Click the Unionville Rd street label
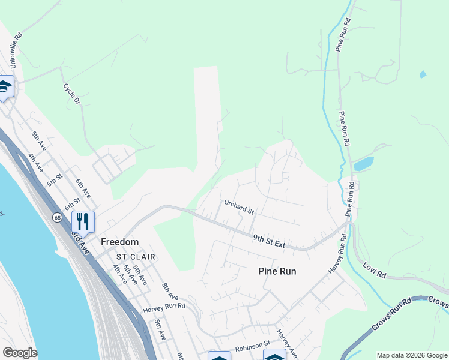pyautogui.click(x=16, y=45)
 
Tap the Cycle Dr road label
pyautogui.click(x=71, y=95)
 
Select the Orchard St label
pyautogui.click(x=240, y=207)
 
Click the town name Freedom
pyautogui.click(x=120, y=242)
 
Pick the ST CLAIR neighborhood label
pyautogui.click(x=136, y=257)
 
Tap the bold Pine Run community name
pyautogui.click(x=277, y=271)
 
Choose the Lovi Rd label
pyautogui.click(x=374, y=269)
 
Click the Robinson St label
pyautogui.click(x=250, y=346)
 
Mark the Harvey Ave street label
pyautogui.click(x=286, y=343)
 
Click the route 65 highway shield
pyautogui.click(x=57, y=217)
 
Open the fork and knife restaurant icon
pyautogui.click(x=83, y=221)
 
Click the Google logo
pyautogui.click(x=20, y=353)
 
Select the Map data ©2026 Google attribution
pyautogui.click(x=412, y=355)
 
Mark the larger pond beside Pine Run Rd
pyautogui.click(x=363, y=163)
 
